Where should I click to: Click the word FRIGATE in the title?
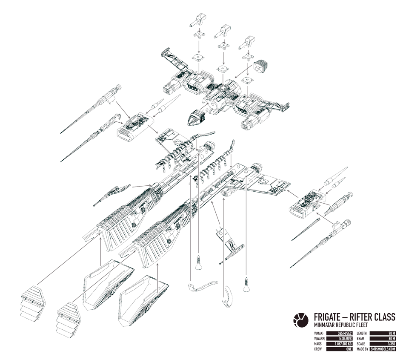tap(328, 317)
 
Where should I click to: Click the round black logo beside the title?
tap(300, 318)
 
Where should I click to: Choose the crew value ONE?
tap(349, 349)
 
